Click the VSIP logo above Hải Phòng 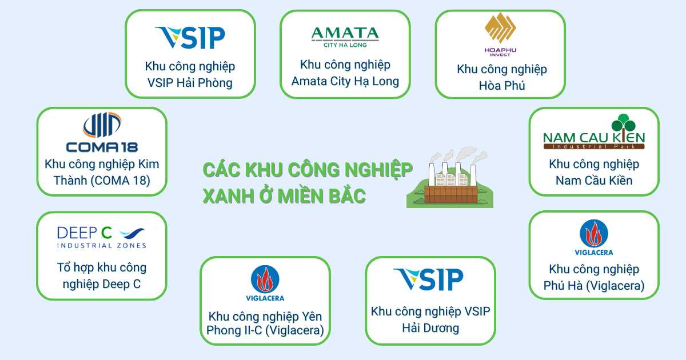(x=190, y=38)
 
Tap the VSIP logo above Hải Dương (x=428, y=279)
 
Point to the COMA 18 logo (x=102, y=132)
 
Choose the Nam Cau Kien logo (x=594, y=131)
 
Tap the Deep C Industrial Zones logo (x=102, y=237)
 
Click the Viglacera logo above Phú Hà (x=594, y=238)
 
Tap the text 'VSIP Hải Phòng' (x=190, y=83)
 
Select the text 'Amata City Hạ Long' (x=345, y=81)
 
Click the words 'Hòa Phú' (x=502, y=85)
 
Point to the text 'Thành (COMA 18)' (x=102, y=181)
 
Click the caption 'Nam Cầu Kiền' (x=594, y=181)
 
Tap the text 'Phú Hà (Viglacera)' (x=594, y=286)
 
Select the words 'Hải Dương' (x=430, y=328)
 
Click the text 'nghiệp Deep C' (x=102, y=284)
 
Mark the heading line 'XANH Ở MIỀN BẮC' (x=284, y=196)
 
